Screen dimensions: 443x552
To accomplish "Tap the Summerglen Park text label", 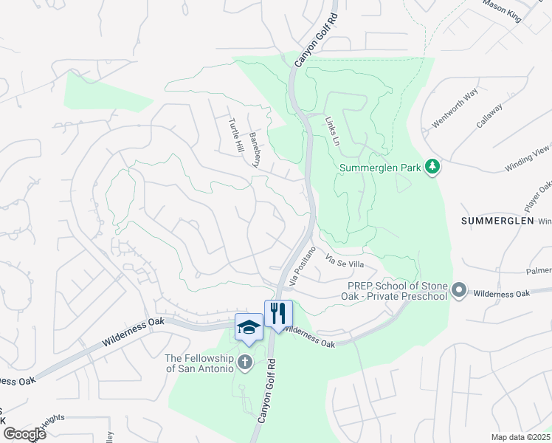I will [x=379, y=168].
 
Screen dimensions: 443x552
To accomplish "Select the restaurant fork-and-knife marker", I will [x=278, y=314].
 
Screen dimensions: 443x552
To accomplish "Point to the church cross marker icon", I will [x=245, y=362].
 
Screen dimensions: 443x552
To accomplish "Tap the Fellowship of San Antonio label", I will [x=199, y=363].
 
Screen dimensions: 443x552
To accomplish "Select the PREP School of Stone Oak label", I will [x=396, y=291].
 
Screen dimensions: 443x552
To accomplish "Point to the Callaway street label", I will [x=489, y=116].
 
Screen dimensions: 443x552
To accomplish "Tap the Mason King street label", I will [x=502, y=12].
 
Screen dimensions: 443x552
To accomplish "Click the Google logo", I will [x=24, y=434].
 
